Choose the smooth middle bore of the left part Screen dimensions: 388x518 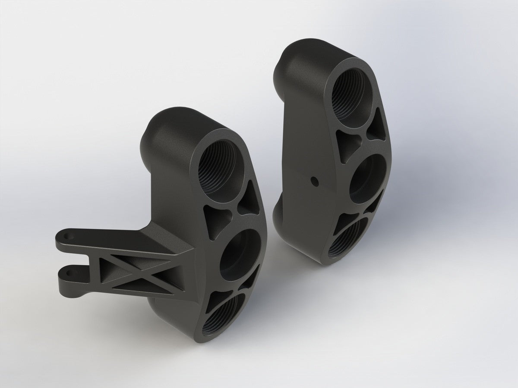pos(240,254)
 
